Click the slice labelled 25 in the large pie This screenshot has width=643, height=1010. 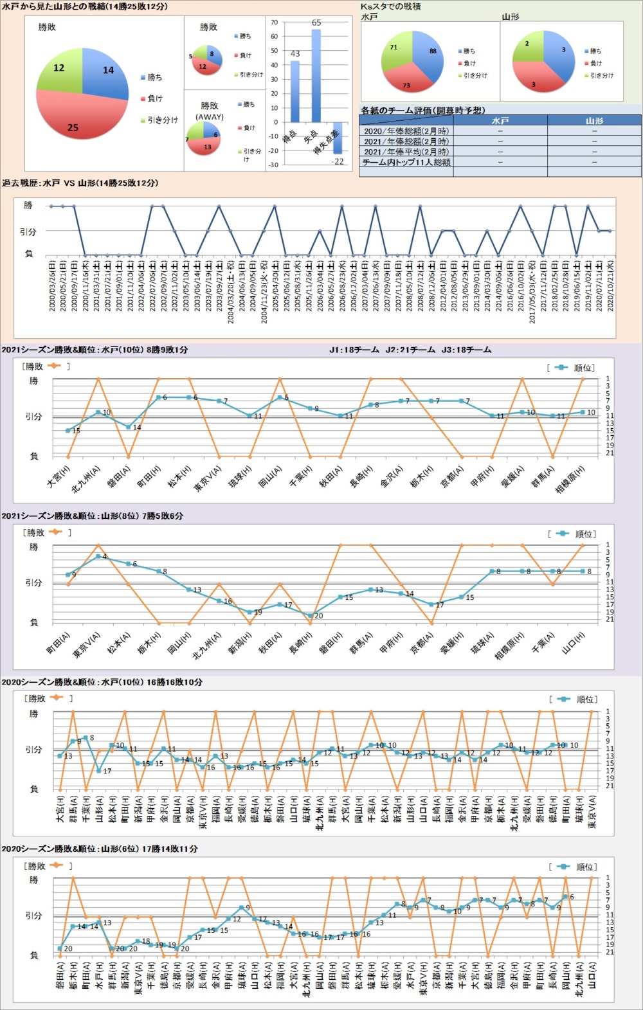click(77, 122)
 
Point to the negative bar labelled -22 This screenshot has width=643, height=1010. click(338, 138)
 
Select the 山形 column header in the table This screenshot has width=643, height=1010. click(594, 120)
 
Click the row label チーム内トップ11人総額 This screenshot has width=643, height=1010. click(406, 162)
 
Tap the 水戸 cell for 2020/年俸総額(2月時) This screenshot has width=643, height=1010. click(500, 131)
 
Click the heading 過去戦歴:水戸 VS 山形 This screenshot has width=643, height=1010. click(80, 183)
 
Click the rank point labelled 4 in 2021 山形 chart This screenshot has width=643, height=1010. click(98, 556)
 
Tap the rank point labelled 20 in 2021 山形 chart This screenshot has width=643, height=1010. click(311, 616)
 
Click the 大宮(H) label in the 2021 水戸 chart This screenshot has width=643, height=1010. click(59, 476)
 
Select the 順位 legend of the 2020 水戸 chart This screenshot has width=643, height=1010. click(579, 699)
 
